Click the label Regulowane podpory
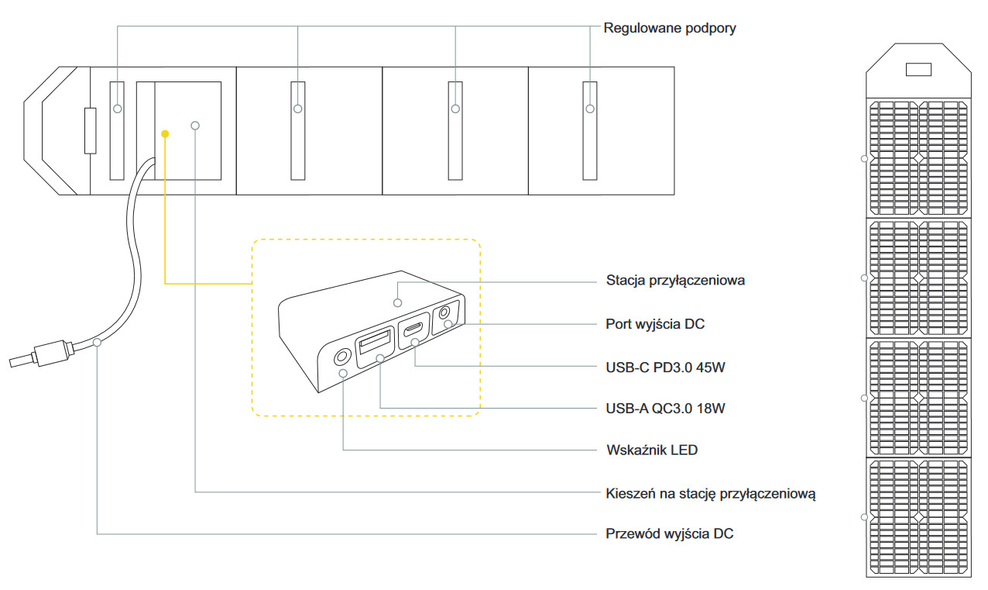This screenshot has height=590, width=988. tap(670, 29)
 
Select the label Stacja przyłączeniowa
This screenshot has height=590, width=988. tap(675, 281)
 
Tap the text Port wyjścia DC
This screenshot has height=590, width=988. tap(655, 324)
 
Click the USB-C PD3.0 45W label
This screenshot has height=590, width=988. tap(665, 367)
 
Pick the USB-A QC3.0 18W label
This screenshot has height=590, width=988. tap(666, 408)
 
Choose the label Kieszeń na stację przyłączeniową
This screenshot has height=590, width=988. tap(710, 492)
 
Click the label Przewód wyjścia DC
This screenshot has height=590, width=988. tap(669, 534)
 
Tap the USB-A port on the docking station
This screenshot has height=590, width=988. tap(376, 346)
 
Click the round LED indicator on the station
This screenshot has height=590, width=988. tap(340, 357)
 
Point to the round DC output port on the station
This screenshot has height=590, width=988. tap(445, 313)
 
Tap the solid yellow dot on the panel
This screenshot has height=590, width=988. tap(165, 134)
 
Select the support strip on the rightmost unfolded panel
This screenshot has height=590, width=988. tap(590, 129)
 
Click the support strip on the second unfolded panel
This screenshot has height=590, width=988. tap(298, 129)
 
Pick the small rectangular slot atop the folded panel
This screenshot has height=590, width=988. tap(918, 70)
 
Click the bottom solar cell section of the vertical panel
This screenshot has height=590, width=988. tap(918, 516)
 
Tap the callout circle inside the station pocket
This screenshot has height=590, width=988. tap(195, 125)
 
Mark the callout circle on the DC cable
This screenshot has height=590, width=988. tap(97, 342)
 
